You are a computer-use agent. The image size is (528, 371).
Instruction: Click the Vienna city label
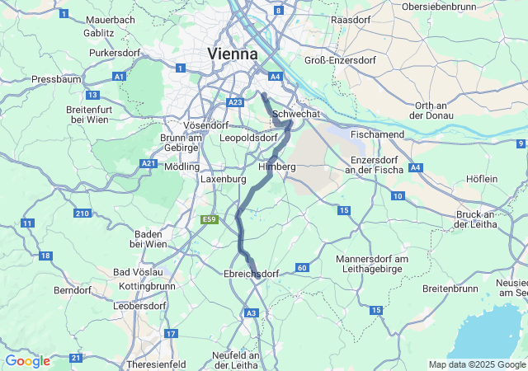[232, 54]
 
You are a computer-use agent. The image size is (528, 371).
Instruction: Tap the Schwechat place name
[295, 114]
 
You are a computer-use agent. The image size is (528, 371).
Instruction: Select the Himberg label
[277, 167]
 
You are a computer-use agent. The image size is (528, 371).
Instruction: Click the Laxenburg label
[224, 178]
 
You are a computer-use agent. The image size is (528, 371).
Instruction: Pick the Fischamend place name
[377, 134]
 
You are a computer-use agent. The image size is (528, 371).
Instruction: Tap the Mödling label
[182, 166]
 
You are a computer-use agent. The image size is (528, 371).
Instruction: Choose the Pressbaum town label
[54, 79]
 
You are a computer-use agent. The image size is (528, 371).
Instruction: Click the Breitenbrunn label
[450, 289]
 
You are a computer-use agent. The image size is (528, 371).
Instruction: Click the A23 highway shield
[234, 101]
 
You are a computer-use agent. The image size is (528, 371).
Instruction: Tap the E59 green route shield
[209, 219]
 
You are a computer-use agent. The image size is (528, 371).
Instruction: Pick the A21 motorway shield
[148, 164]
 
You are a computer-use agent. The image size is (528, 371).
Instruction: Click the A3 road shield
[252, 312]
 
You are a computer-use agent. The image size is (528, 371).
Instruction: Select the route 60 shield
[302, 268]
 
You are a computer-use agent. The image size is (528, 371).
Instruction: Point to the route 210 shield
[82, 214]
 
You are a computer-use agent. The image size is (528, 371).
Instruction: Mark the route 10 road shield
[398, 195]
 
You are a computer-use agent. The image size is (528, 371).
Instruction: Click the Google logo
[27, 361]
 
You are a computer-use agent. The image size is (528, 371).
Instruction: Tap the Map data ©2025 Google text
[477, 364]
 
